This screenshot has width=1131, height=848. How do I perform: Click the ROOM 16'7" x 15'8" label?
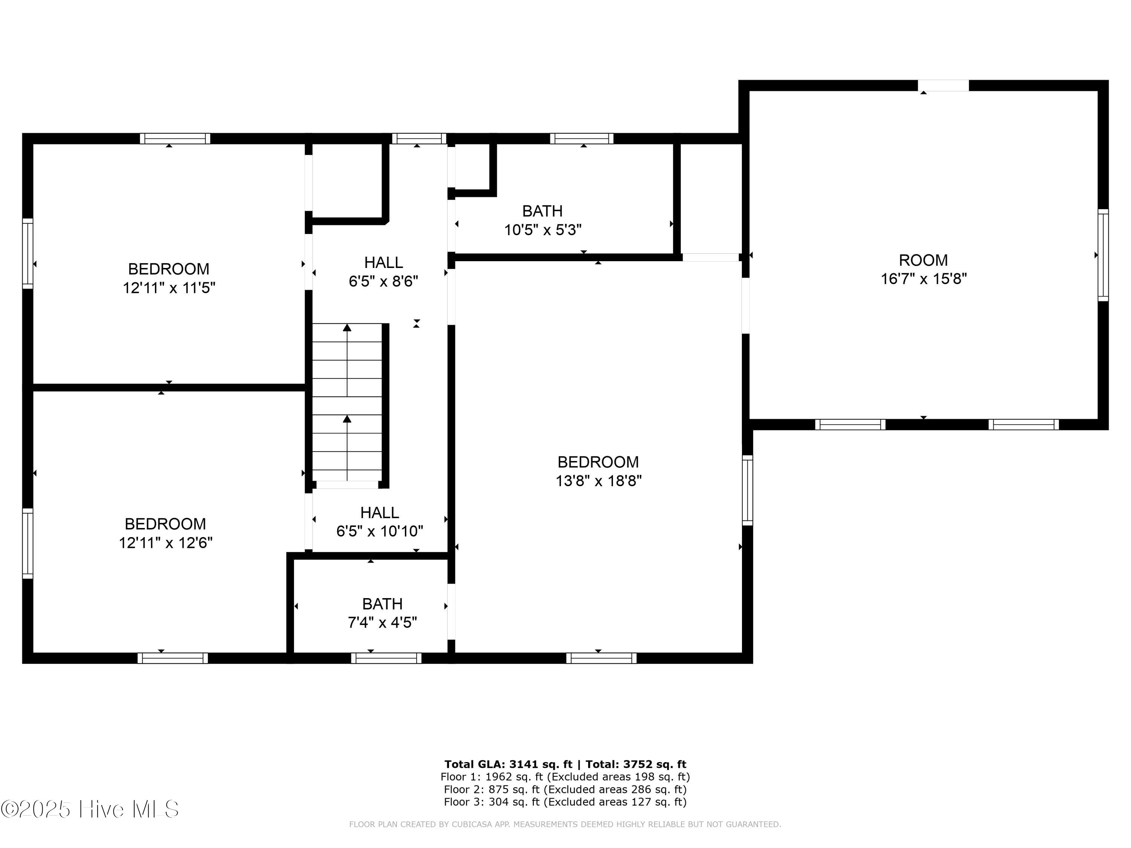pos(923,269)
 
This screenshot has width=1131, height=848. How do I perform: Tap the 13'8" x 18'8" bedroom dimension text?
pos(598,481)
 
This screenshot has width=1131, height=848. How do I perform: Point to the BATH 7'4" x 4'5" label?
pos(382,613)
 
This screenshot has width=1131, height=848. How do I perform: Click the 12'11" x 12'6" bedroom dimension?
pos(166,542)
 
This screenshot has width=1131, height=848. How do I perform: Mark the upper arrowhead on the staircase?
pos(347,327)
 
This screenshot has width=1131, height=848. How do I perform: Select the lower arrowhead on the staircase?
pos(347,419)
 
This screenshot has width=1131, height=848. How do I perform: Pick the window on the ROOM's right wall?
pos(1103,254)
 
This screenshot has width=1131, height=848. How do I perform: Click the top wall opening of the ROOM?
pos(943,85)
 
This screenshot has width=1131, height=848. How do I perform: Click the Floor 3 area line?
pos(565,802)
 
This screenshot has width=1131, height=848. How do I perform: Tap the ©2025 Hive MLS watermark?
pos(90,809)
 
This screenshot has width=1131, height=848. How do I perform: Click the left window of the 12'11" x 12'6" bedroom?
pos(28,543)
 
